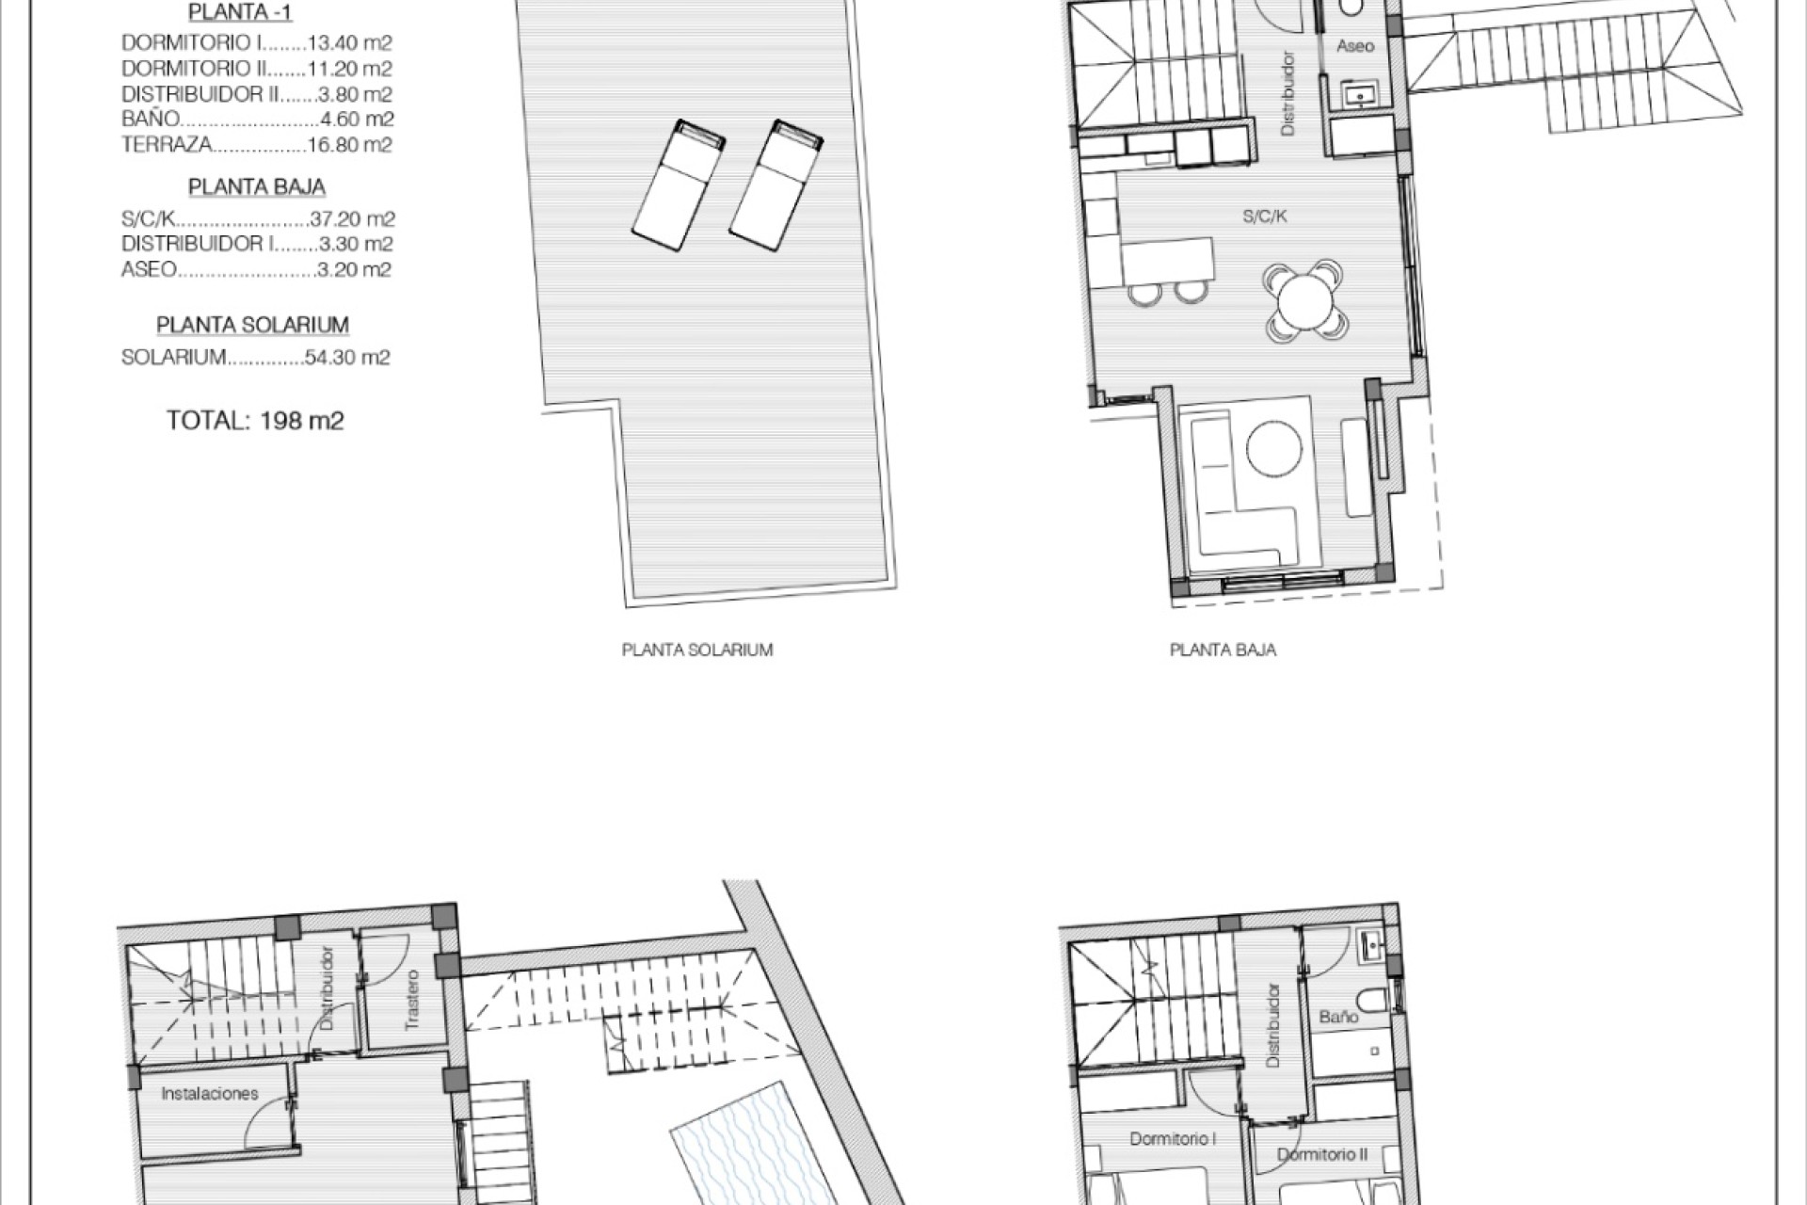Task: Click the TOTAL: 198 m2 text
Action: coord(255,420)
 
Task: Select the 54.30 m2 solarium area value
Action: coord(347,358)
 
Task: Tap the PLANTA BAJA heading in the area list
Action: coord(256,186)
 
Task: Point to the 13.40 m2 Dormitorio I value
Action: coord(349,43)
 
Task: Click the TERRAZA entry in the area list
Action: coord(167,145)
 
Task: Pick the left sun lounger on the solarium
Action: coord(679,185)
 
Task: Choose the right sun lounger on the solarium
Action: coord(776,185)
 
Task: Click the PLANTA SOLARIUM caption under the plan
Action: coord(697,650)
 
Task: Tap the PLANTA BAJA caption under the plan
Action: coord(1223,650)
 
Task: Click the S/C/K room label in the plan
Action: coord(1264,217)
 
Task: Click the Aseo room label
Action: coord(1355,46)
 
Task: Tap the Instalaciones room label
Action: coord(209,1094)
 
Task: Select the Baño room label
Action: coord(1338,1017)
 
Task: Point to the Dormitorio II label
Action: coord(1322,1154)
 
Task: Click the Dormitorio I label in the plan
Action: coord(1173,1139)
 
